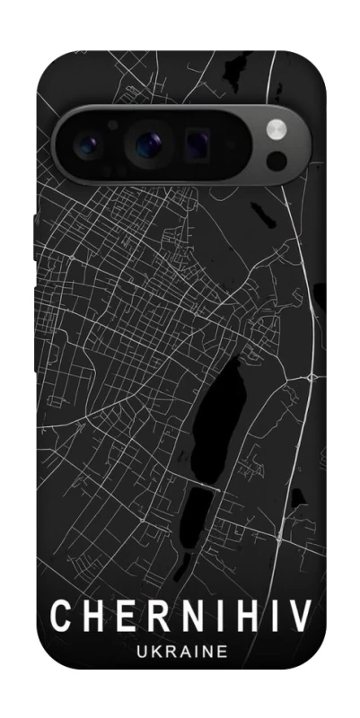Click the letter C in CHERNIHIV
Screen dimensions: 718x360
click(x=60, y=617)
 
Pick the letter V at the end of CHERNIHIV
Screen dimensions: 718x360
click(x=300, y=617)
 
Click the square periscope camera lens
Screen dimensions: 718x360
click(x=198, y=141)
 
